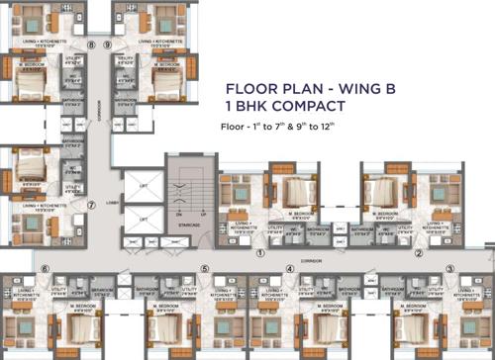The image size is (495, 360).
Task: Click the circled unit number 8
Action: click(x=91, y=45)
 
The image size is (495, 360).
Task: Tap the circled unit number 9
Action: click(x=107, y=45)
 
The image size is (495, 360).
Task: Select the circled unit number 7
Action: click(x=91, y=206)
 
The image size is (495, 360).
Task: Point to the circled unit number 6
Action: click(x=45, y=268)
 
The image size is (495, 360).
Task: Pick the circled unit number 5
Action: click(x=205, y=268)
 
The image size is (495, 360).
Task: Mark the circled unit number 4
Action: click(x=290, y=268)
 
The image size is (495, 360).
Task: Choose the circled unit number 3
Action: click(x=449, y=268)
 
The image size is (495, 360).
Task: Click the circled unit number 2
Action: click(x=419, y=253)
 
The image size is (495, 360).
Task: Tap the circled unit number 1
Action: click(x=259, y=253)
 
